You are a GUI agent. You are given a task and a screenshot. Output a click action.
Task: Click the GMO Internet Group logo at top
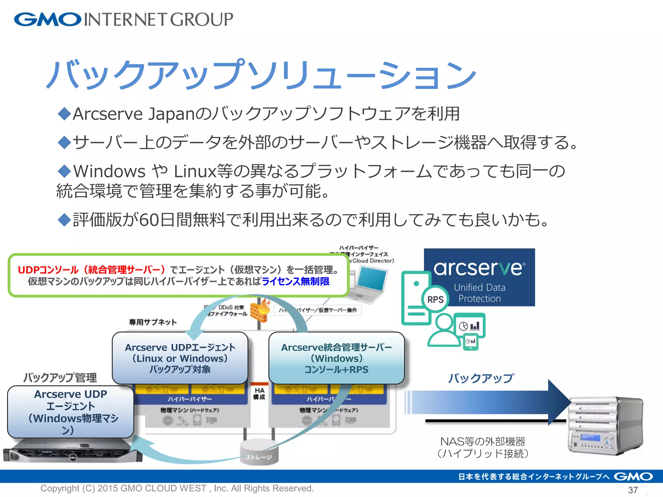click(123, 19)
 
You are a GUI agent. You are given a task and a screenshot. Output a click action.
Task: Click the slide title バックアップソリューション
click(261, 75)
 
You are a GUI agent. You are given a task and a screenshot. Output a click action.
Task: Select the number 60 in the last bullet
click(149, 220)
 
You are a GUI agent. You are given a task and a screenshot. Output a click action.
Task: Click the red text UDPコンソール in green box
click(48, 270)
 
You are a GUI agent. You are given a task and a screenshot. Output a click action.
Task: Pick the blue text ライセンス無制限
click(295, 281)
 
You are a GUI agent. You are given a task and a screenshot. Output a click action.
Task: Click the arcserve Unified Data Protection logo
click(479, 277)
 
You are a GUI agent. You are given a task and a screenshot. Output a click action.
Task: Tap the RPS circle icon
click(435, 299)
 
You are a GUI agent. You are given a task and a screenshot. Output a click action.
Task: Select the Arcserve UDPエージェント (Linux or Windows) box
click(180, 358)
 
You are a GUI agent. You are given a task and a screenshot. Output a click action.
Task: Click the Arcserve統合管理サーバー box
click(336, 358)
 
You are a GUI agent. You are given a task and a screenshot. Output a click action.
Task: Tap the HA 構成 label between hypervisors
click(259, 393)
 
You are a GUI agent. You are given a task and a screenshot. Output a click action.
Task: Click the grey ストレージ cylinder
click(259, 453)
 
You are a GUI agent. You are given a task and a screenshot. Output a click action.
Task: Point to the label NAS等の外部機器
click(482, 441)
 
